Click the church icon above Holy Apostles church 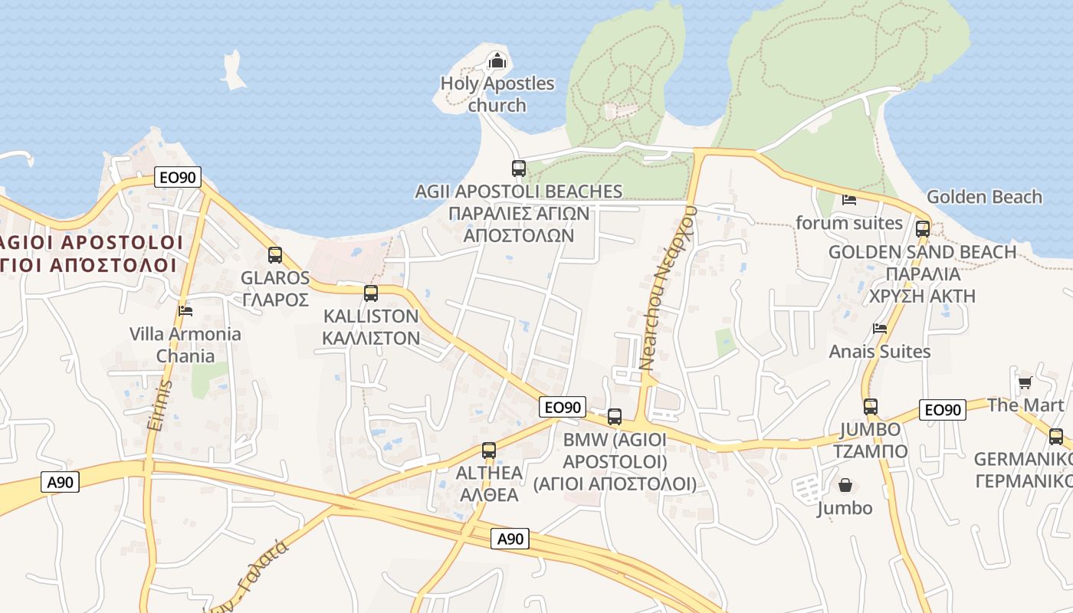(x=497, y=60)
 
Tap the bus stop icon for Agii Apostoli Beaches (x=519, y=168)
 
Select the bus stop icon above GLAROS (x=274, y=255)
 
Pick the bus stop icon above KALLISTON (x=371, y=293)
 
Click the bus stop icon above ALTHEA (x=489, y=451)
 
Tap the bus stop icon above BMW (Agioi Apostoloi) (x=615, y=417)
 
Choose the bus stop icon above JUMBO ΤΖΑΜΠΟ (x=871, y=407)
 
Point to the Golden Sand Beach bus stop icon (x=923, y=228)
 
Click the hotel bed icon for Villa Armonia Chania (x=185, y=310)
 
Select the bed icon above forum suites (x=849, y=200)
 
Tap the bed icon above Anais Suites (x=880, y=328)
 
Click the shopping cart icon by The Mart (x=1025, y=382)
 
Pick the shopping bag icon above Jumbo (x=845, y=485)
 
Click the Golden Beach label (x=984, y=197)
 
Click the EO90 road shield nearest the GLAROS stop (x=177, y=178)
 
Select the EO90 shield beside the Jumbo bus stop (x=942, y=410)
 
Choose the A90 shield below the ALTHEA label (x=510, y=539)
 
